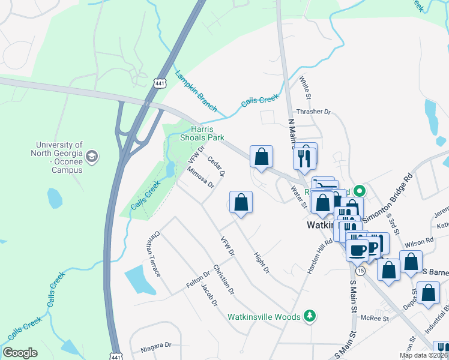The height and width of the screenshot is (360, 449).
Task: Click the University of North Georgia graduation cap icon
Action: tap(92, 157)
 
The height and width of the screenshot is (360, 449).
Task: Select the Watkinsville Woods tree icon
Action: tap(310, 316)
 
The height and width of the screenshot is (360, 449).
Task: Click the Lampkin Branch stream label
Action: tap(196, 92)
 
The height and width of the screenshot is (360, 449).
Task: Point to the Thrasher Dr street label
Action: tap(313, 112)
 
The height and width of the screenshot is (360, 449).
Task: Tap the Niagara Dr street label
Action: tap(156, 346)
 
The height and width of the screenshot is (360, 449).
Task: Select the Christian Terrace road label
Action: tap(153, 254)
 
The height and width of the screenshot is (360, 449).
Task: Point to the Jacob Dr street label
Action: tap(209, 295)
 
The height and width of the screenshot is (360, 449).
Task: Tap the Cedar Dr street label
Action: tap(215, 166)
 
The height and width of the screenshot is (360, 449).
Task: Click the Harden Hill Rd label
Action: tap(320, 257)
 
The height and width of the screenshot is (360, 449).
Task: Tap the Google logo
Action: tap(20, 353)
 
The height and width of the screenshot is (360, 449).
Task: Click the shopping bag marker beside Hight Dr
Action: tap(241, 203)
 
